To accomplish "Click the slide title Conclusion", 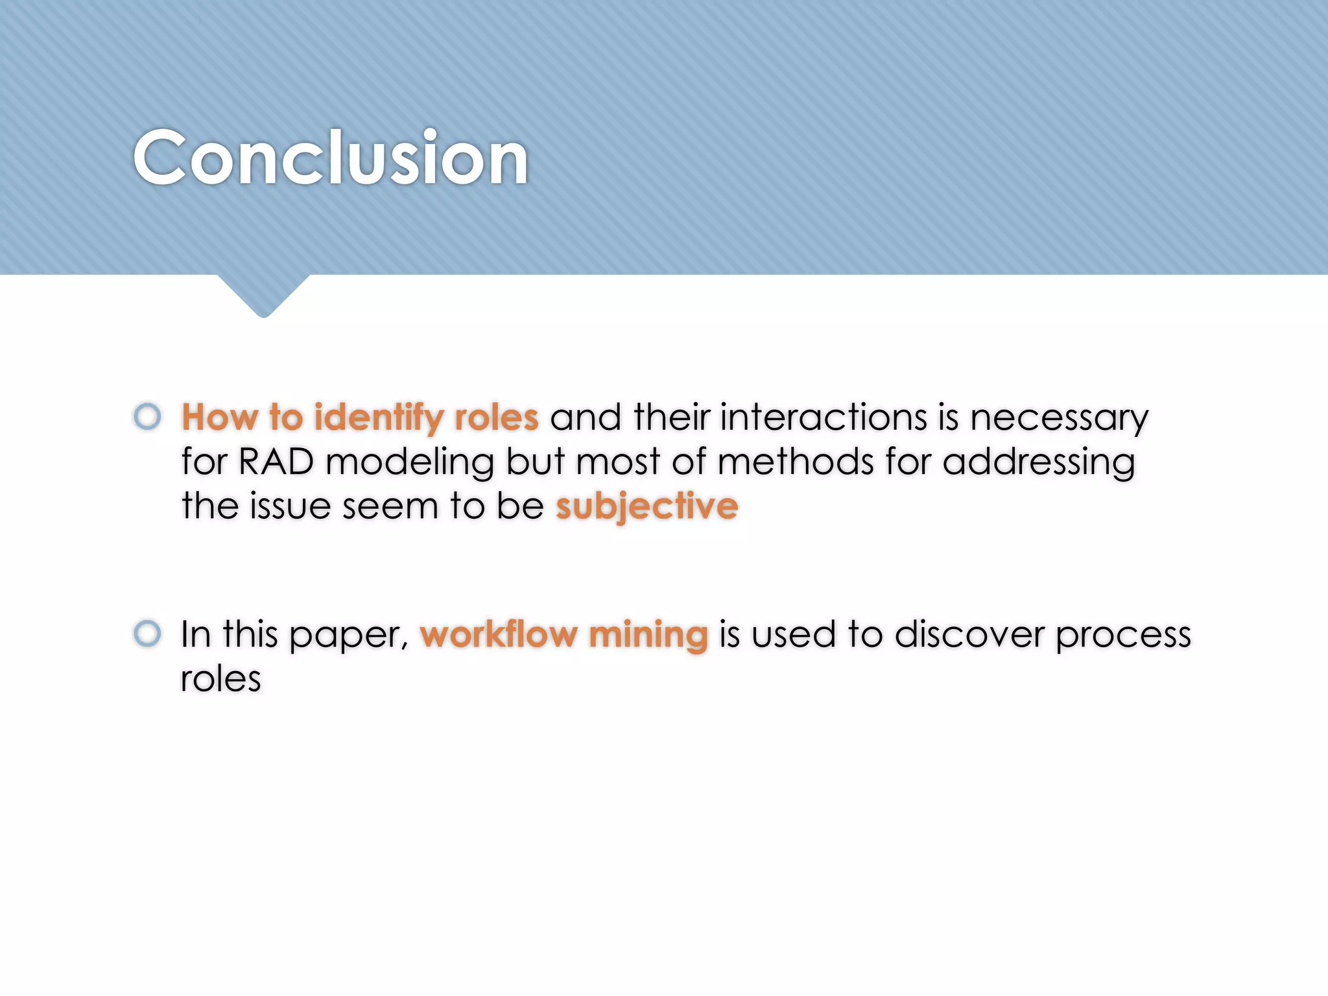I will pos(331,158).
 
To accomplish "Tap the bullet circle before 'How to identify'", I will pos(147,416).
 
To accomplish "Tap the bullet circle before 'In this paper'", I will pos(147,633).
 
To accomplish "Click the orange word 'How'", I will pos(219,417).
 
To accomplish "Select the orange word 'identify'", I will pos(379,418).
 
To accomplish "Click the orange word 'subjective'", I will pos(646,506).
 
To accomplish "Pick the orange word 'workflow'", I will pos(498,634).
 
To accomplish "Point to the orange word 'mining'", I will pos(648,635).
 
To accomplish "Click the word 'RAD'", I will pos(276,462).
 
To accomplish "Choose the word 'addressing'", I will pos(1038,463).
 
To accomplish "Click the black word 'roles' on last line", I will pos(220,679).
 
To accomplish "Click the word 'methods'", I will pos(795,462).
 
